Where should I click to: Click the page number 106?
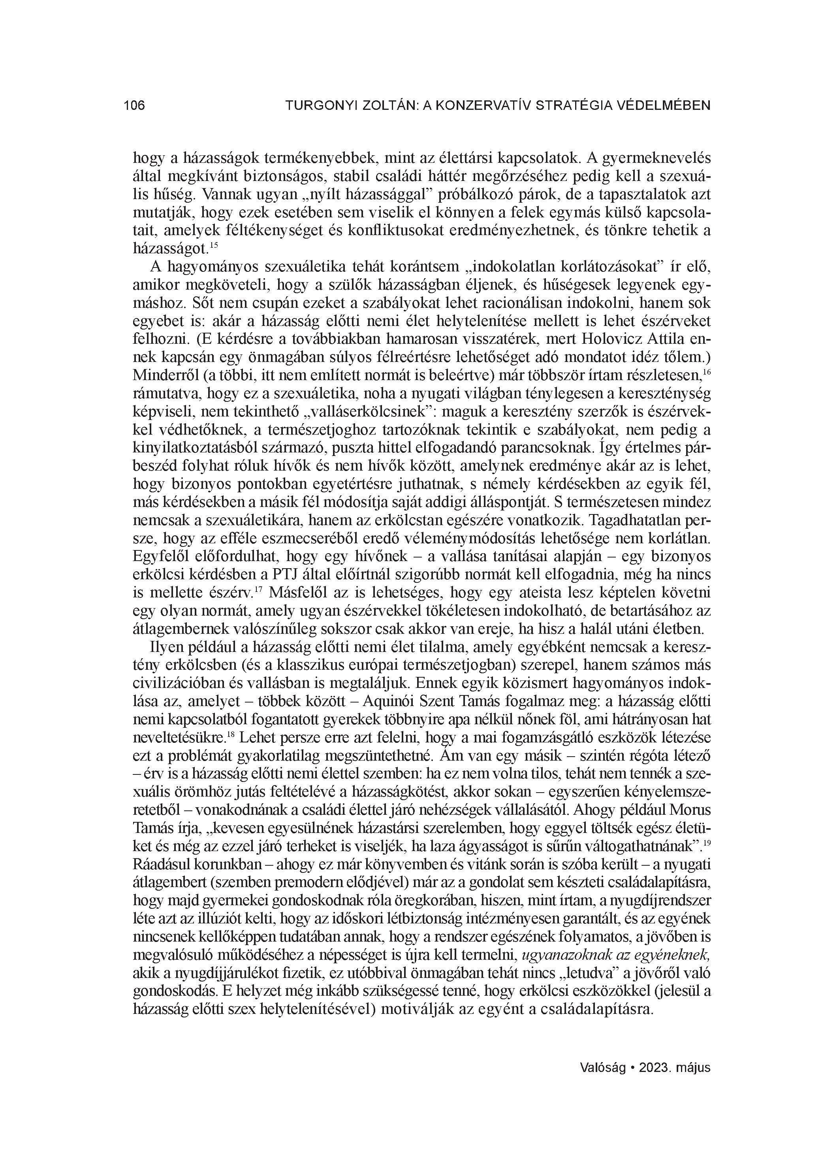click(x=134, y=106)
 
